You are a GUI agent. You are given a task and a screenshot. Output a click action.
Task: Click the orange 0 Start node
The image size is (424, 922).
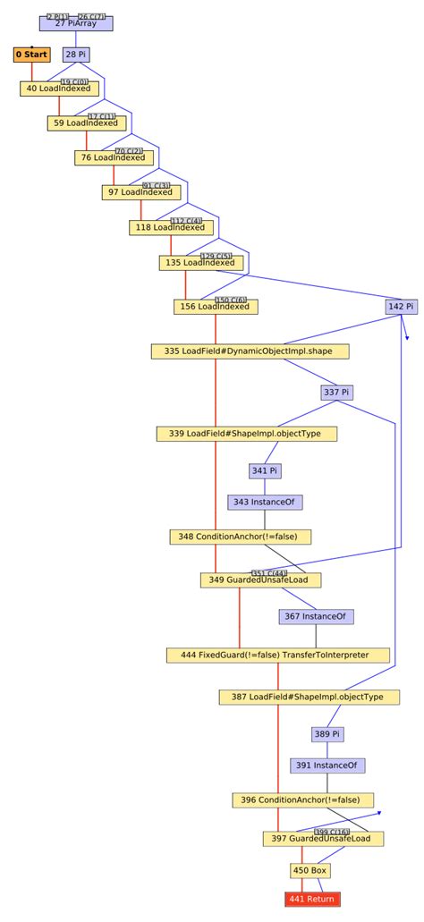31,55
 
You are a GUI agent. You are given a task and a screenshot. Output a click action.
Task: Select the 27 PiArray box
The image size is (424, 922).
76,23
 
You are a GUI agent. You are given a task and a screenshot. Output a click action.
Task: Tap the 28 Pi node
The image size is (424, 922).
76,55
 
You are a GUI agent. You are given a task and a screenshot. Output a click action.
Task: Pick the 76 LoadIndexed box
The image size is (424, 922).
114,158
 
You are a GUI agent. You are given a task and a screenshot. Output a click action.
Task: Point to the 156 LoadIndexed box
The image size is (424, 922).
216,307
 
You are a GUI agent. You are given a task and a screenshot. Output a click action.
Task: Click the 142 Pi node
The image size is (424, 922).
401,307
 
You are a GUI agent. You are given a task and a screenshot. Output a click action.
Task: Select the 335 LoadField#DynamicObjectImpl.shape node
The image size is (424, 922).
250,351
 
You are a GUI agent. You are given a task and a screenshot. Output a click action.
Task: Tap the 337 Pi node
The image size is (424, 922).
336,393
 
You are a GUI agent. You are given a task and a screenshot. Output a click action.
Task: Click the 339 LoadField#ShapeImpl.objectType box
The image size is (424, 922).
248,434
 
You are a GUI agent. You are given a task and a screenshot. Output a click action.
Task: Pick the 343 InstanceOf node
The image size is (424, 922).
264,503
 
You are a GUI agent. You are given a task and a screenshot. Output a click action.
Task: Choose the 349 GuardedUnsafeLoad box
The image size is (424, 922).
260,580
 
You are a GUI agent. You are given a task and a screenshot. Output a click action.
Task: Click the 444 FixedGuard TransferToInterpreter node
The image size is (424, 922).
279,656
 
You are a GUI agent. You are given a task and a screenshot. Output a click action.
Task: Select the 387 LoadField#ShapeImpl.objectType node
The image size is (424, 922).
310,697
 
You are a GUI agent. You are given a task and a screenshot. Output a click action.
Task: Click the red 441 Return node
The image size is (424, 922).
313,899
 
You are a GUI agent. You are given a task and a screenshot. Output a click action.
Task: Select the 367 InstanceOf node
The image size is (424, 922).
317,616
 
